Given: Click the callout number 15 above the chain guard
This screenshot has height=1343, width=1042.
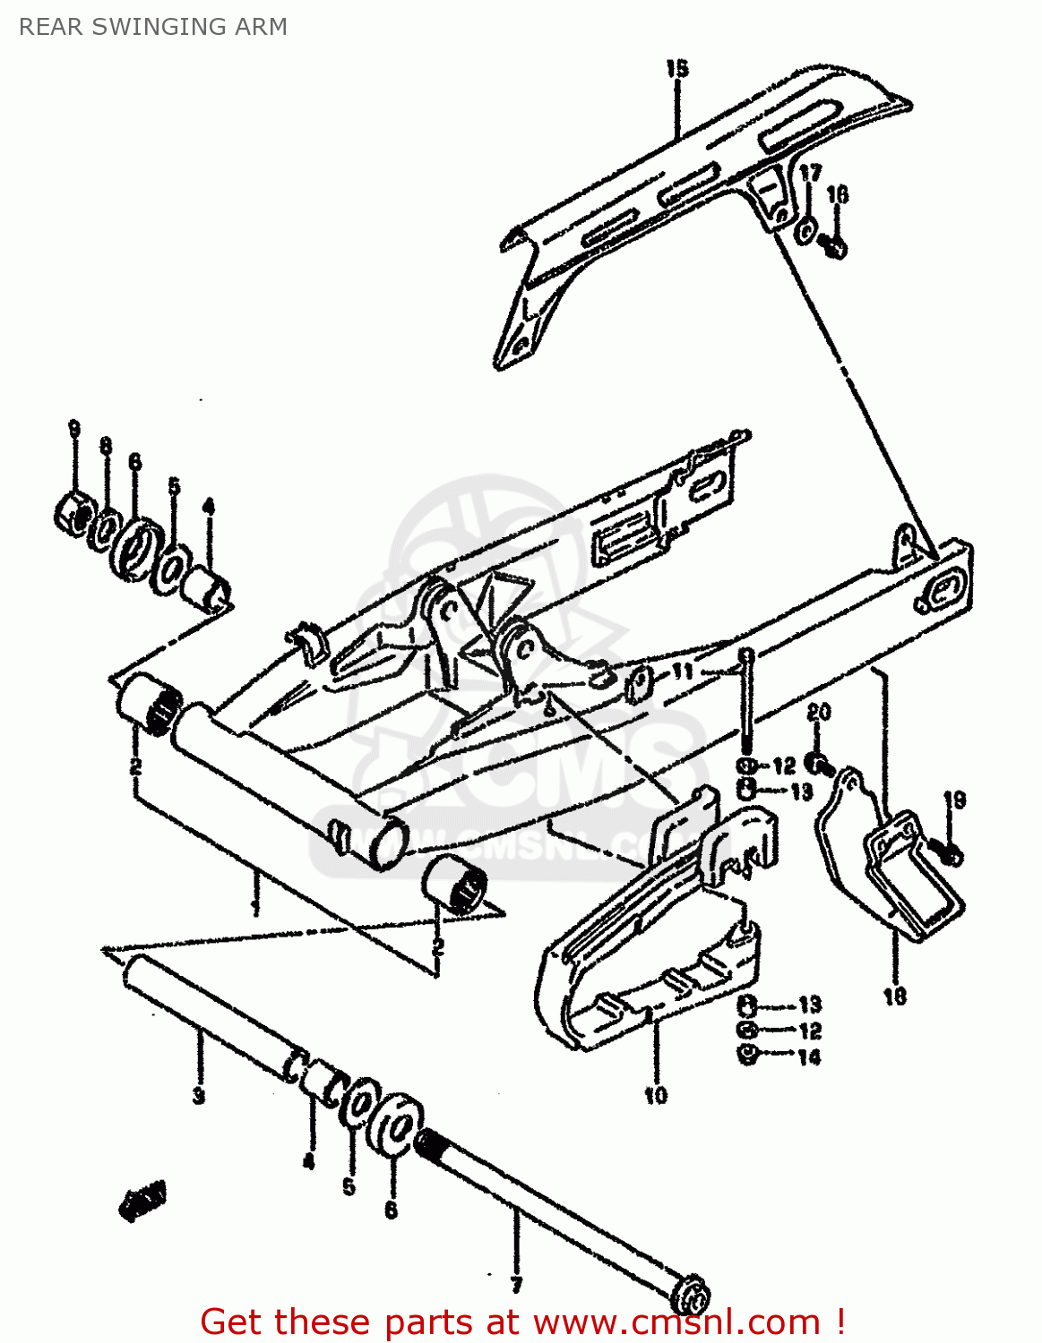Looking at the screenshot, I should (x=676, y=68).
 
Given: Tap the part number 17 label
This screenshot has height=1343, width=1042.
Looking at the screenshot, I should (x=810, y=173).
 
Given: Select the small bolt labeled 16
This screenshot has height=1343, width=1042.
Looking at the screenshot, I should (x=834, y=245).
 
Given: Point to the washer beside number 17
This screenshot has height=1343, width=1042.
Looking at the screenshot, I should (x=805, y=230).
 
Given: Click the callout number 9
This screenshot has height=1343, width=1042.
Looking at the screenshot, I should (x=74, y=429).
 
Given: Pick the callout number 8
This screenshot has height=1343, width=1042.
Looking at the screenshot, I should (x=106, y=445).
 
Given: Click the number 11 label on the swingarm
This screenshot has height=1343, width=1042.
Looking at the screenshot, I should (x=683, y=671).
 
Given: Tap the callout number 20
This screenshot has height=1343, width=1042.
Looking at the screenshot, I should (x=818, y=713).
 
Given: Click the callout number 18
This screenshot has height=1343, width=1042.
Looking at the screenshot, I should (x=894, y=996).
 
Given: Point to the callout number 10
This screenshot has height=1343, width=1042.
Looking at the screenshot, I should (x=655, y=1094).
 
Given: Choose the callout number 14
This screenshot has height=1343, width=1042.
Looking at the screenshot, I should (x=808, y=1057).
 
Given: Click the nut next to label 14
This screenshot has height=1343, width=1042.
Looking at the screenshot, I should (x=747, y=1056).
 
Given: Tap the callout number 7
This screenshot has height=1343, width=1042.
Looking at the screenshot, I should (x=516, y=1286).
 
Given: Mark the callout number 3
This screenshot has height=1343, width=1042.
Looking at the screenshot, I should (x=198, y=1095).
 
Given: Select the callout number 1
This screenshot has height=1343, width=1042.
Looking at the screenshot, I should (x=255, y=907).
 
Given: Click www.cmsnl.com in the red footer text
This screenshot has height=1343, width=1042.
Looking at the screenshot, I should (x=676, y=1322).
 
